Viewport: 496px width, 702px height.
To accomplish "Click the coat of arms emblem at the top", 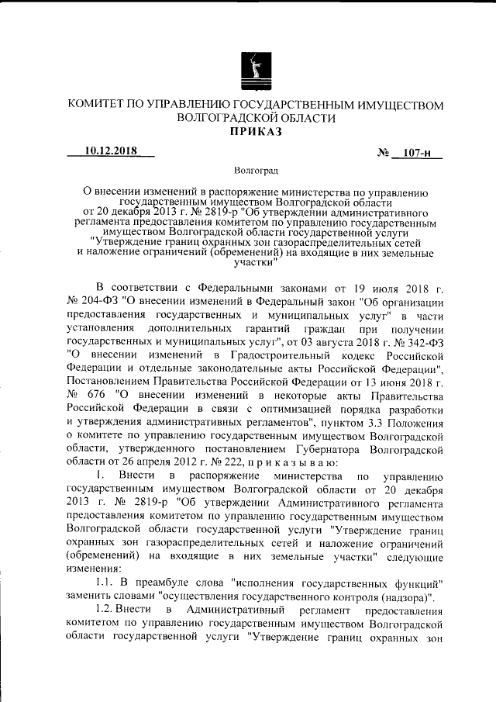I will (257, 67).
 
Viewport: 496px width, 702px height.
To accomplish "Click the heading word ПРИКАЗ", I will (257, 132).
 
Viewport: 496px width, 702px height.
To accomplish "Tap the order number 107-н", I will (418, 155).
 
